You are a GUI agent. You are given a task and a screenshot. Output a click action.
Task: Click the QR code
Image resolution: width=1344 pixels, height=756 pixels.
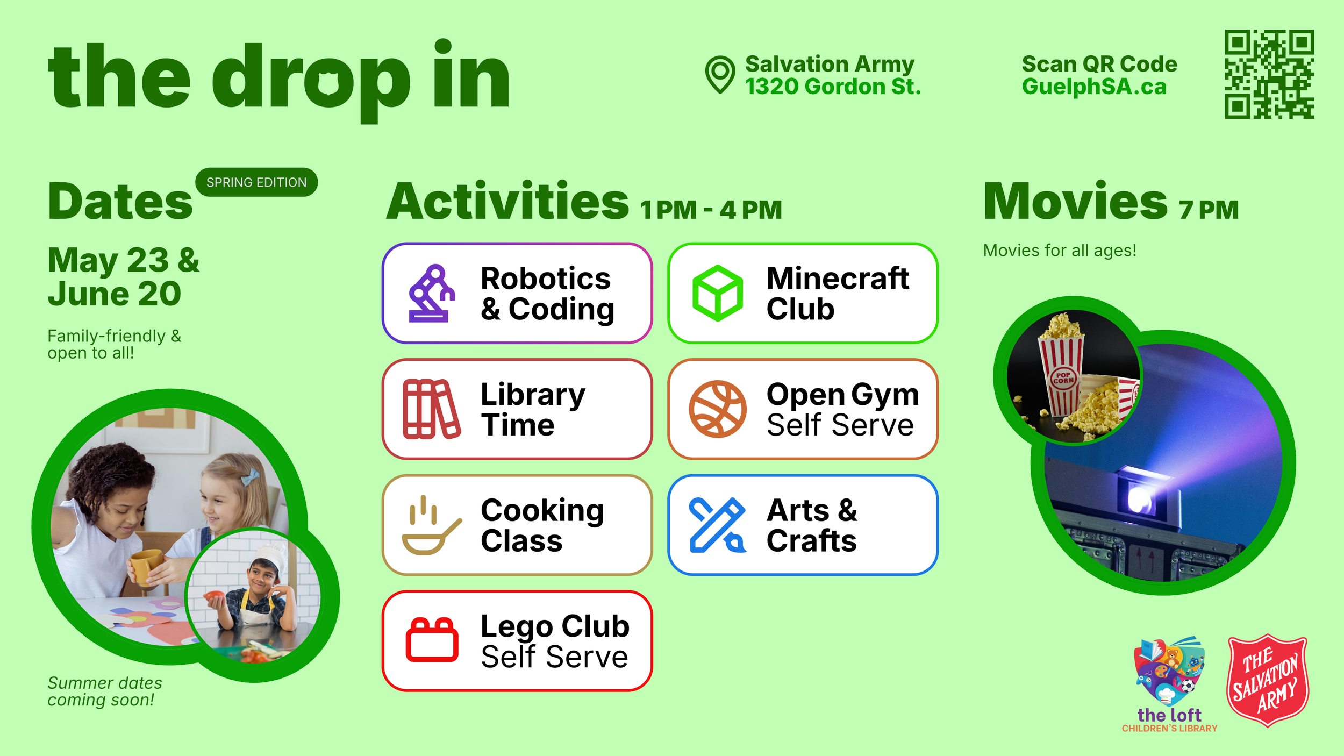[x=1269, y=74]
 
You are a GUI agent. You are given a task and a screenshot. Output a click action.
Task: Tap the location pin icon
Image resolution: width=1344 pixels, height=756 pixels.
[x=720, y=75]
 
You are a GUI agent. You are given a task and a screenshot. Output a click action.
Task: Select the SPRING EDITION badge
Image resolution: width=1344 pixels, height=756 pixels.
[x=256, y=182]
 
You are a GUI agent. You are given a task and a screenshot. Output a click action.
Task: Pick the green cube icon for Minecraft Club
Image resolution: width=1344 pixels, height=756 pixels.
[x=718, y=293]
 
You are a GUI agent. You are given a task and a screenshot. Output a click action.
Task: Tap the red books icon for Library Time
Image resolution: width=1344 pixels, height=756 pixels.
[x=432, y=409]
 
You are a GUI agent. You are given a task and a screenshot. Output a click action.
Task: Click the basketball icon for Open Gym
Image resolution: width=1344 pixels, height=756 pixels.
[x=718, y=409]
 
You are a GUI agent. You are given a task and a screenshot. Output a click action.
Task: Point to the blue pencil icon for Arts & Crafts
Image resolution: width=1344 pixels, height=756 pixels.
[x=718, y=525]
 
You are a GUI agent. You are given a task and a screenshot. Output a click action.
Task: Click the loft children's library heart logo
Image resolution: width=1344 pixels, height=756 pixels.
[x=1169, y=672]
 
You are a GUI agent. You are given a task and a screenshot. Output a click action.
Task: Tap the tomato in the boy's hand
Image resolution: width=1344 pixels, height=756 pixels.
[x=214, y=597]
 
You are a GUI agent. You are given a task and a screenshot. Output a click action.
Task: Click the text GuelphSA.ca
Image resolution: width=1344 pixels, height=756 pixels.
[x=1094, y=87]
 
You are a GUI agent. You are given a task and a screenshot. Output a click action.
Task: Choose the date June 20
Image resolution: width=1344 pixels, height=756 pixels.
[x=115, y=294]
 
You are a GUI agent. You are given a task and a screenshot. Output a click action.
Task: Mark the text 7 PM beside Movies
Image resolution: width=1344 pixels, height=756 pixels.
[x=1209, y=210]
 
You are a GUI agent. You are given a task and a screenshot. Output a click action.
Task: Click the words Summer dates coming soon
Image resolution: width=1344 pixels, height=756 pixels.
[x=104, y=691]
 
